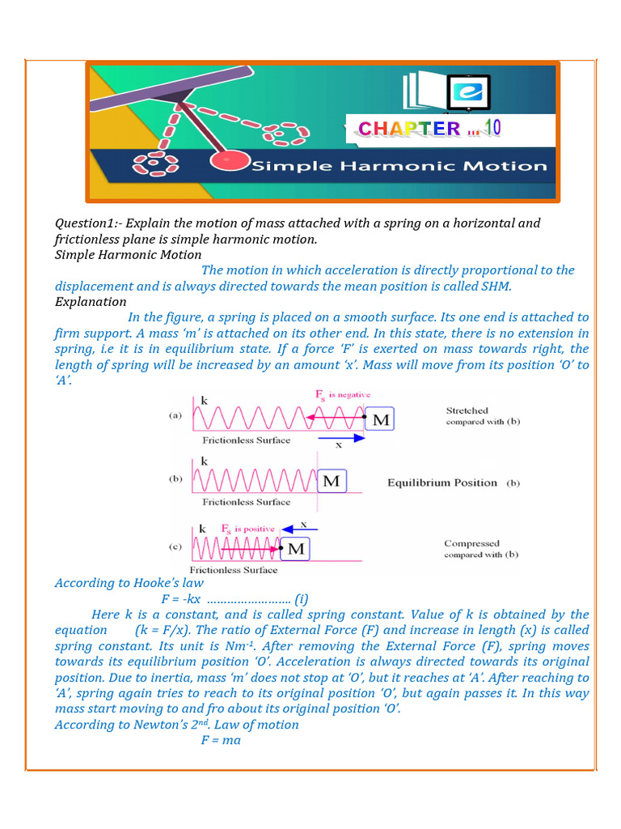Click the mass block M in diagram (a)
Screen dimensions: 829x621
click(x=379, y=420)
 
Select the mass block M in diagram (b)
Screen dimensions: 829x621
click(x=332, y=482)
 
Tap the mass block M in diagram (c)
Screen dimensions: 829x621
click(x=296, y=549)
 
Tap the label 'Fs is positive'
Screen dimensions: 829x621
click(x=247, y=529)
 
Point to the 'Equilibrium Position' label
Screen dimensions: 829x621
click(x=441, y=483)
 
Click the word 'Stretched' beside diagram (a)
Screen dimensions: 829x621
click(x=467, y=410)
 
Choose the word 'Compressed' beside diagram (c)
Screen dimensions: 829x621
click(x=471, y=543)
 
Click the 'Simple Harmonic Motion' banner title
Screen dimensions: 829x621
click(x=399, y=167)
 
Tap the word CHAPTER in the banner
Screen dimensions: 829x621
click(x=408, y=128)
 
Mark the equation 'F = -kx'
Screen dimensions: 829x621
click(x=180, y=599)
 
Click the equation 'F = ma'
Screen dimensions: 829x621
click(x=221, y=740)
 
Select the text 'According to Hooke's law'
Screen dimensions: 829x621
click(x=129, y=583)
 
